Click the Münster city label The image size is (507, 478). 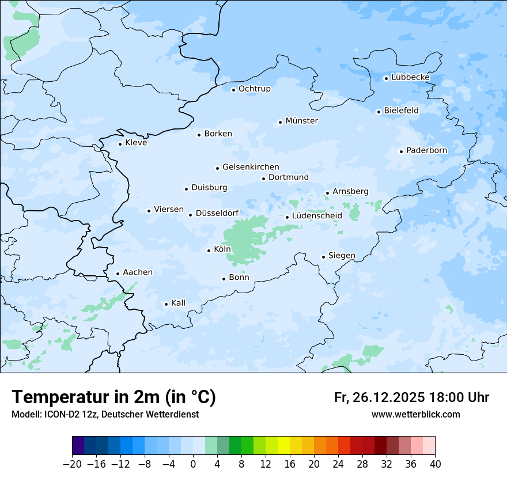pos(302,121)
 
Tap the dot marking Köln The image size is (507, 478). pos(209,250)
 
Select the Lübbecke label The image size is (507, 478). pos(411,77)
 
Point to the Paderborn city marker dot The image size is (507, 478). pos(401,151)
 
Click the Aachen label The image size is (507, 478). pos(138,272)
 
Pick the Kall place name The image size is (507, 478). pos(179,303)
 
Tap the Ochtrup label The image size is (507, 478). pos(255,89)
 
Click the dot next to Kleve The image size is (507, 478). pos(120,144)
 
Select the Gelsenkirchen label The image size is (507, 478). pos(251,167)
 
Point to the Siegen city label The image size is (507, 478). pos(342,256)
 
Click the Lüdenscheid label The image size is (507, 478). pos(317,216)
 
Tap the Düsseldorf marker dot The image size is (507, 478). pos(190,215)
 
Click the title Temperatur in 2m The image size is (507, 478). pos(113,397)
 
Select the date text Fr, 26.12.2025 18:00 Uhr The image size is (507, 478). pos(411,397)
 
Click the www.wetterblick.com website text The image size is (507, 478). pos(415,414)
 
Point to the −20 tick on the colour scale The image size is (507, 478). pos(73,464)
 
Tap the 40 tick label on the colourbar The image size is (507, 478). pos(435,464)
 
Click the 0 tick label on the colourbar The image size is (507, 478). pos(194,464)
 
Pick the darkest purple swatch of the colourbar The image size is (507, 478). pos(78,445)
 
